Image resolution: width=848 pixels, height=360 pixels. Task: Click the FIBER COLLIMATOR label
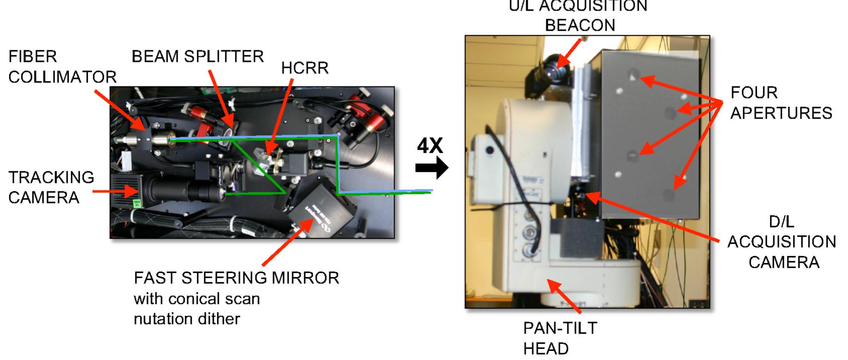[x=62, y=67]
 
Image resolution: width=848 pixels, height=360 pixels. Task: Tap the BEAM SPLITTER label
[x=198, y=57]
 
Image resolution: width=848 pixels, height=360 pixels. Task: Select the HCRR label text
[x=305, y=68]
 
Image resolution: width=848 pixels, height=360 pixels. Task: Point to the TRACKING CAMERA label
[x=51, y=187]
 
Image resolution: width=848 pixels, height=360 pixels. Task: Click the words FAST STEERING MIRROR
[x=236, y=278]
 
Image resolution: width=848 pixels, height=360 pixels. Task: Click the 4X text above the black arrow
[x=430, y=146]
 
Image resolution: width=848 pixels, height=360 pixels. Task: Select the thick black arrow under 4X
[x=432, y=168]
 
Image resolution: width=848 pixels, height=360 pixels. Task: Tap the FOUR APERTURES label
[x=781, y=103]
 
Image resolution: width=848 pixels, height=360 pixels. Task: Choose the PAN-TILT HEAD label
[x=560, y=338]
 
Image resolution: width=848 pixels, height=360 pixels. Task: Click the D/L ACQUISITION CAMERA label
[x=782, y=242]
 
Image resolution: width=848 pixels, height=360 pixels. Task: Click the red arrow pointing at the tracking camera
[x=115, y=192]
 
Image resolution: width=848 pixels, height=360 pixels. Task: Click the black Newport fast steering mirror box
[x=322, y=209]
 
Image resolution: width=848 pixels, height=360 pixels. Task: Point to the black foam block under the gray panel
[x=576, y=237]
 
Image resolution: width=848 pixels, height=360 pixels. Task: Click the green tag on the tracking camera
[x=137, y=203]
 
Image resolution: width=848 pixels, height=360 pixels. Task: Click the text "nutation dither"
[x=187, y=319]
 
